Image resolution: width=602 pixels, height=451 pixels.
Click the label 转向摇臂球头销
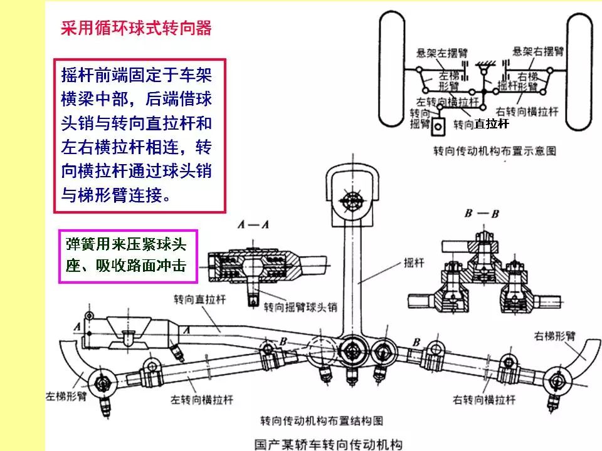(300, 308)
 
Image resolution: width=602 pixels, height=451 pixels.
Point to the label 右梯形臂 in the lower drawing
(555, 335)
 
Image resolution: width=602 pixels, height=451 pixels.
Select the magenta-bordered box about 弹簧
(129, 257)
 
